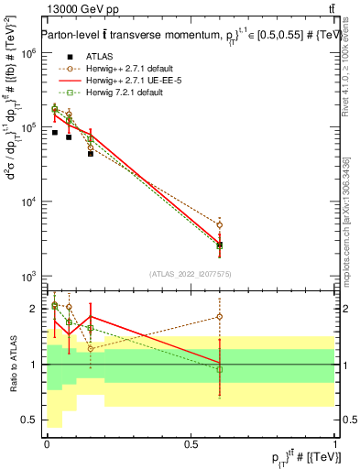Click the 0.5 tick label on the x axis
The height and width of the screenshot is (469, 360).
point(191,443)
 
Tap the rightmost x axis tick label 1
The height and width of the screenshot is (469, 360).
point(335,443)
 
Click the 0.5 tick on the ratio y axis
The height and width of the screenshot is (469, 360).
point(29,420)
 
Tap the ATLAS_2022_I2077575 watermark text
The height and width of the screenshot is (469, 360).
point(190,273)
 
